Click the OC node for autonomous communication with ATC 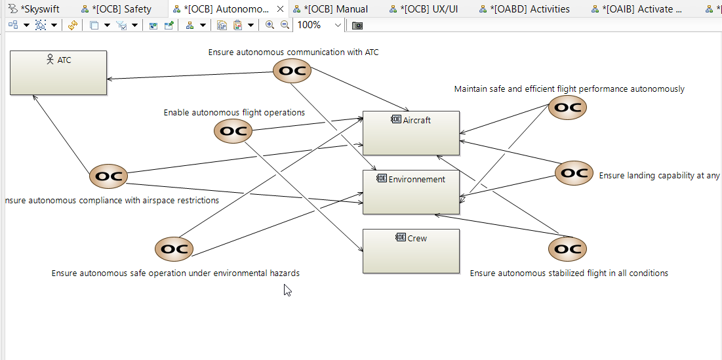point(292,71)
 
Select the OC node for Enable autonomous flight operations point(233,131)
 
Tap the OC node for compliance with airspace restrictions point(108,176)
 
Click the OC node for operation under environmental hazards point(174,249)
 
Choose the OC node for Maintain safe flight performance point(567,108)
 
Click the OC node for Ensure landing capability point(574,173)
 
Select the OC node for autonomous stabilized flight point(567,249)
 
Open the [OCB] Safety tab point(123,9)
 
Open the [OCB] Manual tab point(335,9)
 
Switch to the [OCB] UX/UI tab point(432,9)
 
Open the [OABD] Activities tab point(532,9)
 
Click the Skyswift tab point(39,9)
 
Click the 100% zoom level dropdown point(319,25)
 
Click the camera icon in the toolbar point(357,25)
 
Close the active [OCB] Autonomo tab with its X point(281,9)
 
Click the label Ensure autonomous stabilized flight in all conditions point(569,273)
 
